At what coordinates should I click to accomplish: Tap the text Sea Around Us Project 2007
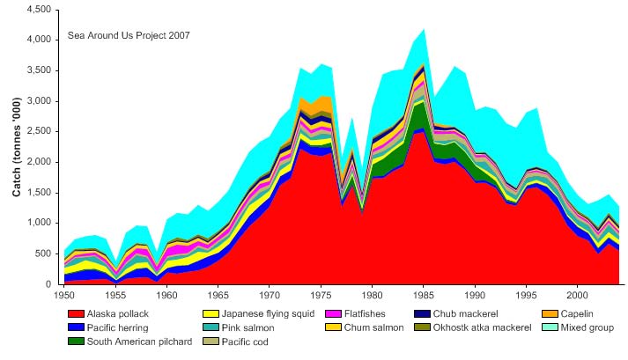point(129,36)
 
